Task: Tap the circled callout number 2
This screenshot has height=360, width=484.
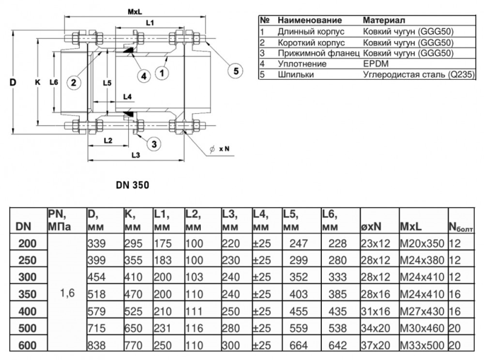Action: pyautogui.click(x=73, y=83)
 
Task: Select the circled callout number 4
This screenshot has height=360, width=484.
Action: pyautogui.click(x=143, y=76)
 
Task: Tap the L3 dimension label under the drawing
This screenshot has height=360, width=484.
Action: pyautogui.click(x=136, y=154)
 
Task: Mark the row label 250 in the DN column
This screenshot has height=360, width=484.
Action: pyautogui.click(x=27, y=260)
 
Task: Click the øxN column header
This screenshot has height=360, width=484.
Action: pyautogui.click(x=370, y=226)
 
